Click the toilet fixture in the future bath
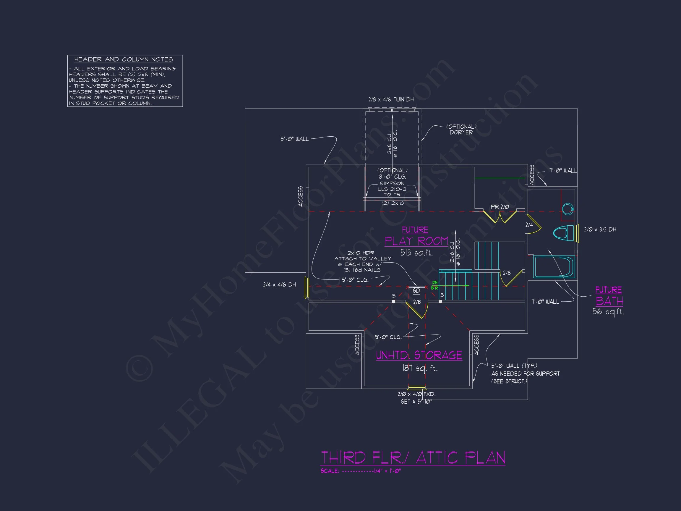point(563,233)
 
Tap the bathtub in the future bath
point(554,267)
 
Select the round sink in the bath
point(567,209)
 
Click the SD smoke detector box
point(416,290)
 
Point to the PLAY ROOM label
point(416,241)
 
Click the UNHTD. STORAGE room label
point(419,355)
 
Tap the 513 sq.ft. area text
point(416,253)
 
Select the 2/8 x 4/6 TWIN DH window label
point(391,99)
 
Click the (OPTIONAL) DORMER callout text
point(461,129)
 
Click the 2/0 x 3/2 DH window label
point(600,229)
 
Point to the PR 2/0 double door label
point(500,207)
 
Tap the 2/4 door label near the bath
point(529,225)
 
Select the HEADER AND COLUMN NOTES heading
point(124,59)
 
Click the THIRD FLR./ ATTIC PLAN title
point(413,457)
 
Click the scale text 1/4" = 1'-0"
point(387,471)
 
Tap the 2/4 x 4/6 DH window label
point(279,284)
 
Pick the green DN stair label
point(435,282)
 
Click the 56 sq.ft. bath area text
point(608,312)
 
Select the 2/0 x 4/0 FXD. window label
point(416,394)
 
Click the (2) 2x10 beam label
point(393,203)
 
